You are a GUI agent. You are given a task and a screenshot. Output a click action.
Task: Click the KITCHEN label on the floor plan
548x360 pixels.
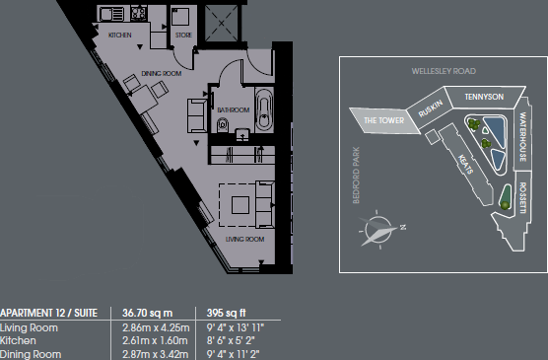[120, 36]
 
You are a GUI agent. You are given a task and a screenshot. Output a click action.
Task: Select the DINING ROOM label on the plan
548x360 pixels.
[161, 74]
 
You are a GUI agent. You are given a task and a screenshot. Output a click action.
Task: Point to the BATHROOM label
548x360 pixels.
[233, 110]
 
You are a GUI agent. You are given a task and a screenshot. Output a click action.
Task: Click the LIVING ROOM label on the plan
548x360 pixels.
[245, 239]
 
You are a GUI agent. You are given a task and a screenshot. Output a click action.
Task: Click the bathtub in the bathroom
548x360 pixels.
[263, 110]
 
